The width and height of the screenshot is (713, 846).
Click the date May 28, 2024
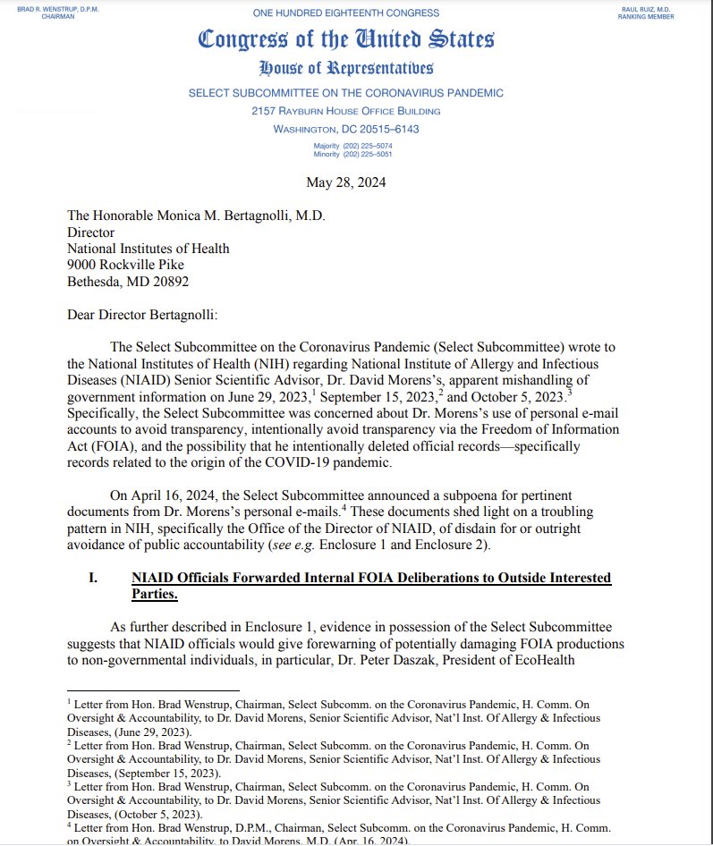click(345, 184)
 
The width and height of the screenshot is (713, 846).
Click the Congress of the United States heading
click(345, 39)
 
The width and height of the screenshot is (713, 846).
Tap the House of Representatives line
click(345, 69)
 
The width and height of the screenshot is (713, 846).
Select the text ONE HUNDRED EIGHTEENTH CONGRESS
click(345, 13)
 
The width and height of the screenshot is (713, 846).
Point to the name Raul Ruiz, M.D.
click(658, 8)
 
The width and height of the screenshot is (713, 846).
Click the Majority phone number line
click(352, 145)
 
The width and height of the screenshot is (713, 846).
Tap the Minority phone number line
click(352, 153)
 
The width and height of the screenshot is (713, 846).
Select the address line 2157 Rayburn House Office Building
click(345, 111)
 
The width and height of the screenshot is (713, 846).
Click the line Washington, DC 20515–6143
click(345, 129)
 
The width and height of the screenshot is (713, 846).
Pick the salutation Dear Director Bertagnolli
click(149, 314)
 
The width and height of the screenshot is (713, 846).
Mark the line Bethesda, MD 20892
click(128, 281)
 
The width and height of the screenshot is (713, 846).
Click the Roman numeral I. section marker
click(93, 579)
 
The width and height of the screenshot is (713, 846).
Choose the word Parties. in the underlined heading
click(154, 594)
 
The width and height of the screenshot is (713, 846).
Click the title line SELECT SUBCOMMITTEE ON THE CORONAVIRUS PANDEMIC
click(345, 93)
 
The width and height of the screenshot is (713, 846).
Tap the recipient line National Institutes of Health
click(149, 249)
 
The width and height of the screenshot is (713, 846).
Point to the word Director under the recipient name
click(92, 233)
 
